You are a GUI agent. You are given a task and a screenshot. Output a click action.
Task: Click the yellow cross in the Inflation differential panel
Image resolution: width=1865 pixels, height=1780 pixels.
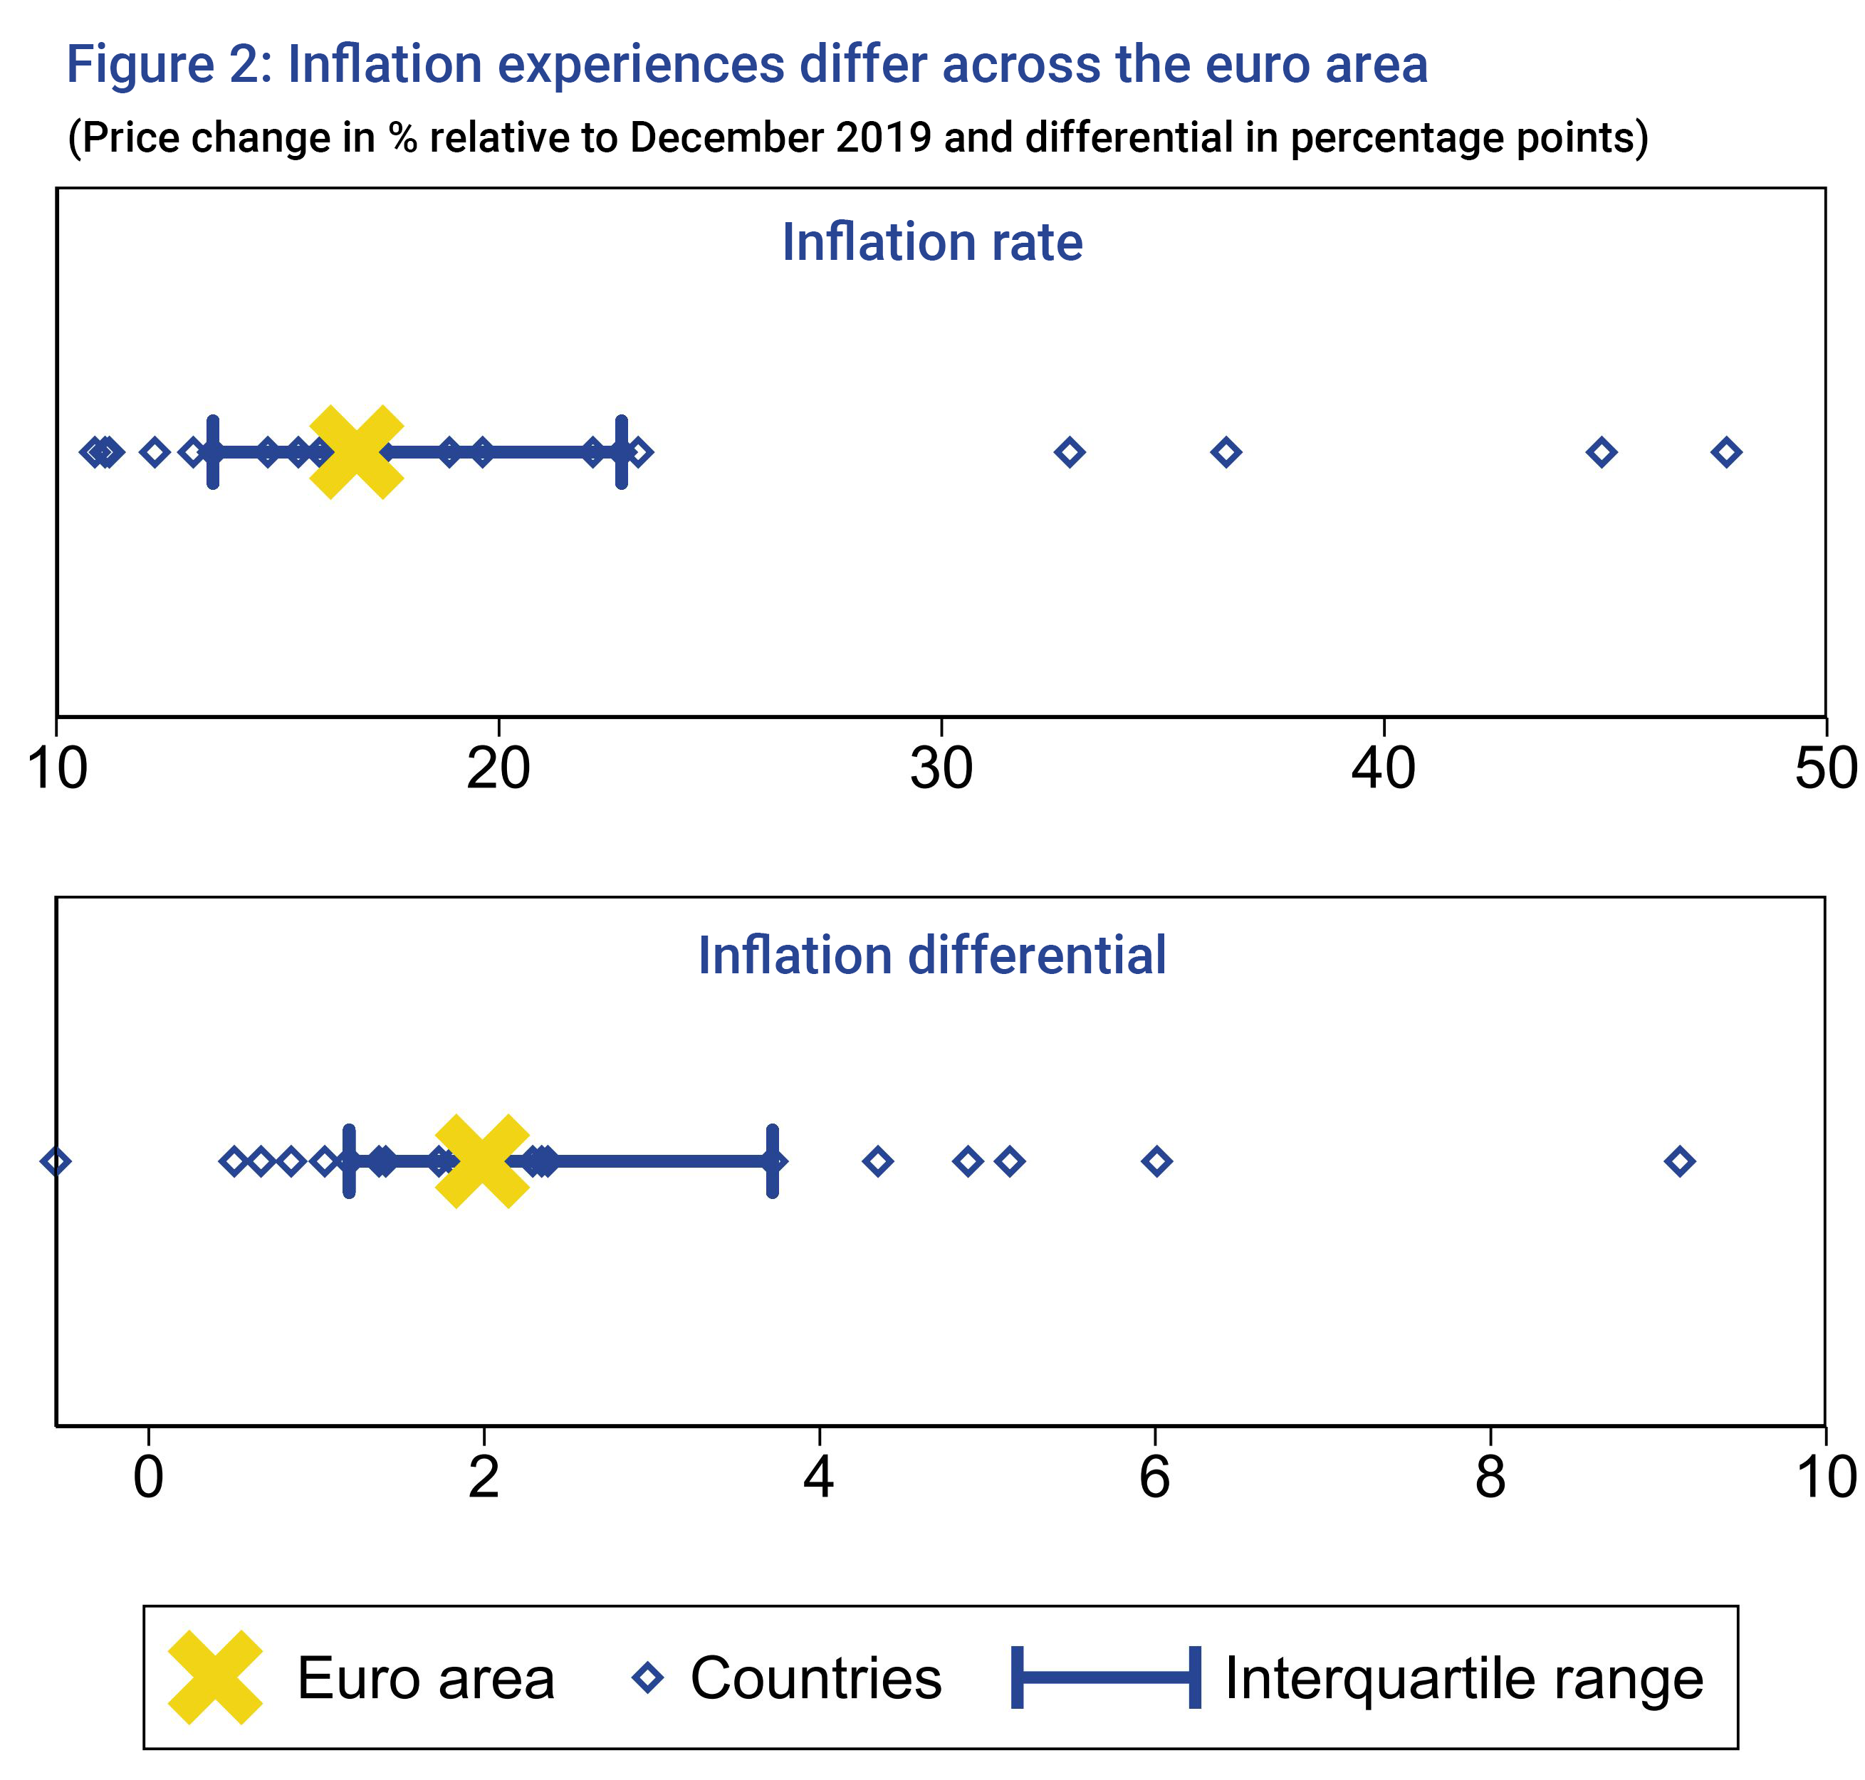(481, 1161)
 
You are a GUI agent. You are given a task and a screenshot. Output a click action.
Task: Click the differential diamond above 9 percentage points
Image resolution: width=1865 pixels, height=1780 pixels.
(1679, 1161)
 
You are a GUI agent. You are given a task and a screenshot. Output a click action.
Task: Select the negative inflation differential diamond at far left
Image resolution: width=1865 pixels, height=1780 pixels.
(56, 1161)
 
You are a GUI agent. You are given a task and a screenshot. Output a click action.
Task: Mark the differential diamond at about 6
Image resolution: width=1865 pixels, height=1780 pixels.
(1155, 1161)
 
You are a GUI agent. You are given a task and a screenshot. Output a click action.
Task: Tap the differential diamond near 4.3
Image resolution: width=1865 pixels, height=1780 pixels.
(877, 1161)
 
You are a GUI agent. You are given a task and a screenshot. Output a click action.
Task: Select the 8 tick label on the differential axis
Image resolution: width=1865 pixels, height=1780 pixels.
(1489, 1477)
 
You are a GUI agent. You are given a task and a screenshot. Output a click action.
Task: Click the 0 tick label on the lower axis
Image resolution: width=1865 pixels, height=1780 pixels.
(148, 1477)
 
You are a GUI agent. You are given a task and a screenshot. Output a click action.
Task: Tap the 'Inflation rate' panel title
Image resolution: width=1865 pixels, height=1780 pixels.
(931, 242)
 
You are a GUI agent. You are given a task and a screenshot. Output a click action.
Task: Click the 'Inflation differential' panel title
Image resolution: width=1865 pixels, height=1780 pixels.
(931, 955)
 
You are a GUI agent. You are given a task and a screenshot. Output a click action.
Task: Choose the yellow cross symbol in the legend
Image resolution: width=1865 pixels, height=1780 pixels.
(214, 1677)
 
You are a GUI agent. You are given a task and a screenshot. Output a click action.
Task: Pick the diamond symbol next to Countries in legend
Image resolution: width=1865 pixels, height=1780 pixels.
(647, 1677)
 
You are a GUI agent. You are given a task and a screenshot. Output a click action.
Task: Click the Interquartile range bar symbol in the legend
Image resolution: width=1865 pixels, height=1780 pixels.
(1106, 1677)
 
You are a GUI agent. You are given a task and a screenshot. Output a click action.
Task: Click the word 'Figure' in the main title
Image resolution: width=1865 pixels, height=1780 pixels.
(140, 65)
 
